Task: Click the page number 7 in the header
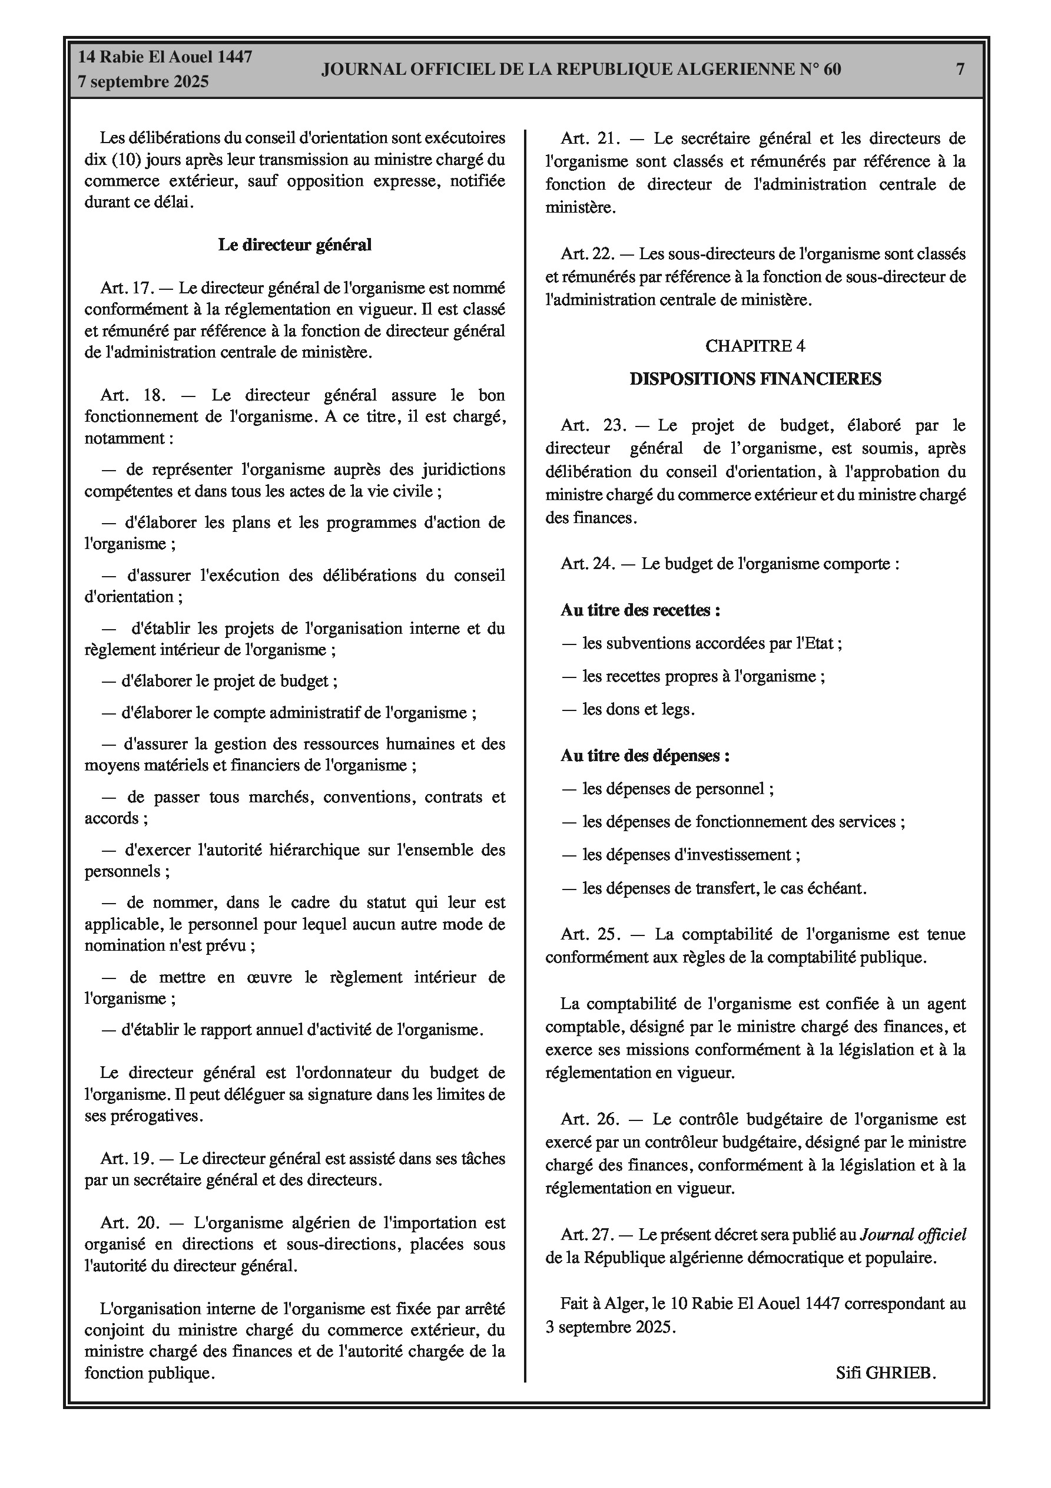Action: pos(960,69)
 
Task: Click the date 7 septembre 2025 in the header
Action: pos(143,82)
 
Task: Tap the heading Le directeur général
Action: pos(295,245)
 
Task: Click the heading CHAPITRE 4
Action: pos(755,346)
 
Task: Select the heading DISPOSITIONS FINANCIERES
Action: pos(755,379)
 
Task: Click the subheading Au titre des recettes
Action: pos(640,610)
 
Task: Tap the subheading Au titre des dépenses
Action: pos(645,756)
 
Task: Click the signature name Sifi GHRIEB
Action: pos(885,1372)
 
